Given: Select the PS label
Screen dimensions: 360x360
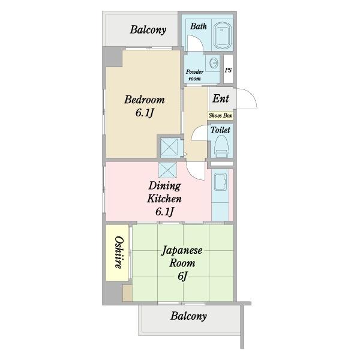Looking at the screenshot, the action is pyautogui.click(x=228, y=70).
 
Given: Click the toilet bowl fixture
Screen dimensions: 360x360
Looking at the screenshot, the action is pyautogui.click(x=221, y=146).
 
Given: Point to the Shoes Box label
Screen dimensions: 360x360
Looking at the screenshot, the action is pyautogui.click(x=220, y=115).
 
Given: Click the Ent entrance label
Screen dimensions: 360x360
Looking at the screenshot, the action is pyautogui.click(x=221, y=99).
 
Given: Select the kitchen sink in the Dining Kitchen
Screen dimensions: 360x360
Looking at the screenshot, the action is pyautogui.click(x=220, y=182).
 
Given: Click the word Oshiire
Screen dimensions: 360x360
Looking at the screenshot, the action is pyautogui.click(x=119, y=253).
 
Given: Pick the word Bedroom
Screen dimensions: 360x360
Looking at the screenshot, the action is pyautogui.click(x=145, y=100).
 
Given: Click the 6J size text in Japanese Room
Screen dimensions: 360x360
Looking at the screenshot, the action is pyautogui.click(x=182, y=276).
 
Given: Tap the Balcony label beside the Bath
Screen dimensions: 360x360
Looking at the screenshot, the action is pyautogui.click(x=148, y=30).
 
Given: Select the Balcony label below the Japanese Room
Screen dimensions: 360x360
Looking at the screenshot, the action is pyautogui.click(x=188, y=316).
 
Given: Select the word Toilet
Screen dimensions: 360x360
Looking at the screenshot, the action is pyautogui.click(x=220, y=130).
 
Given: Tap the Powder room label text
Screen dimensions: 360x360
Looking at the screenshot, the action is pyautogui.click(x=194, y=75).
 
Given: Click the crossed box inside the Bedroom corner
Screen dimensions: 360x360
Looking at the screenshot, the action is pyautogui.click(x=169, y=147).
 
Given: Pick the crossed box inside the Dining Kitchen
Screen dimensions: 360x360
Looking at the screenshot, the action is pyautogui.click(x=168, y=170).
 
